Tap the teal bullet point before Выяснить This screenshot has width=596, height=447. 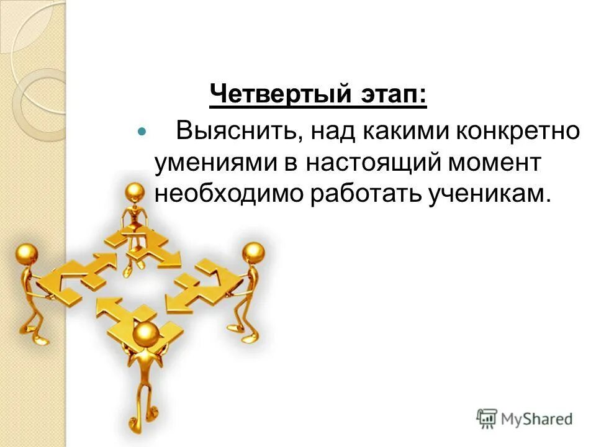click(x=141, y=133)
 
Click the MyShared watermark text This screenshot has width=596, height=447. click(x=537, y=419)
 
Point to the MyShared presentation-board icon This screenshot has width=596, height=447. click(x=487, y=418)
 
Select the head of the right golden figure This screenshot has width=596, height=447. click(x=253, y=253)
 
